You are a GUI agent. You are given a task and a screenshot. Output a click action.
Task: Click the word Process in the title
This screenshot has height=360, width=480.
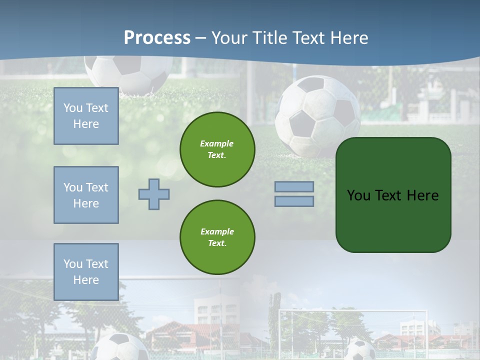pyautogui.click(x=157, y=38)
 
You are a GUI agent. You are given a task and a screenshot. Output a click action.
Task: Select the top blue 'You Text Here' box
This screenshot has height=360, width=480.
pyautogui.click(x=86, y=116)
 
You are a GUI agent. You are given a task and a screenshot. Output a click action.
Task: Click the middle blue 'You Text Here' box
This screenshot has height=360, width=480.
pyautogui.click(x=86, y=195)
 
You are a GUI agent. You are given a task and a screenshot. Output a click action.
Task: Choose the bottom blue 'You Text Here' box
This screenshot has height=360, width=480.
pyautogui.click(x=86, y=271)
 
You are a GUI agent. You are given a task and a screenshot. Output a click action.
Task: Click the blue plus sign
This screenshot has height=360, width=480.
pyautogui.click(x=154, y=194)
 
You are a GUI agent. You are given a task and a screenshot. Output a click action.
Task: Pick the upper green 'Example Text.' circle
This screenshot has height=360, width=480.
pyautogui.click(x=217, y=149)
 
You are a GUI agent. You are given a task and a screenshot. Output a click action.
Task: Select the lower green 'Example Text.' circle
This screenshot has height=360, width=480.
pyautogui.click(x=217, y=237)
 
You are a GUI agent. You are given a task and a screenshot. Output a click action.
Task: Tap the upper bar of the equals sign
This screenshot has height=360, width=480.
pyautogui.click(x=294, y=186)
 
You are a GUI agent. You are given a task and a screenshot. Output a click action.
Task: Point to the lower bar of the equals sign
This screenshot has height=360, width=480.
pyautogui.click(x=294, y=201)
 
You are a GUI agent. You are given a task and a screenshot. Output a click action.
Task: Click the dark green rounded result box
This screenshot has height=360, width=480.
pyautogui.click(x=393, y=195)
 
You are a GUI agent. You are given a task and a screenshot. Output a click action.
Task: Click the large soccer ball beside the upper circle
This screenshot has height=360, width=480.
pyautogui.click(x=318, y=116)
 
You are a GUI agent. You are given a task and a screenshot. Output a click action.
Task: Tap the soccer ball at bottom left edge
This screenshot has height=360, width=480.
pyautogui.click(x=120, y=347)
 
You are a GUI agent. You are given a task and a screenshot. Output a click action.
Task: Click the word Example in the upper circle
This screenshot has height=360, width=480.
pyautogui.click(x=216, y=143)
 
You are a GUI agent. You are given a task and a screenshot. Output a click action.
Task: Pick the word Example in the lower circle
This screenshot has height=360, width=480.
pyautogui.click(x=217, y=231)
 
